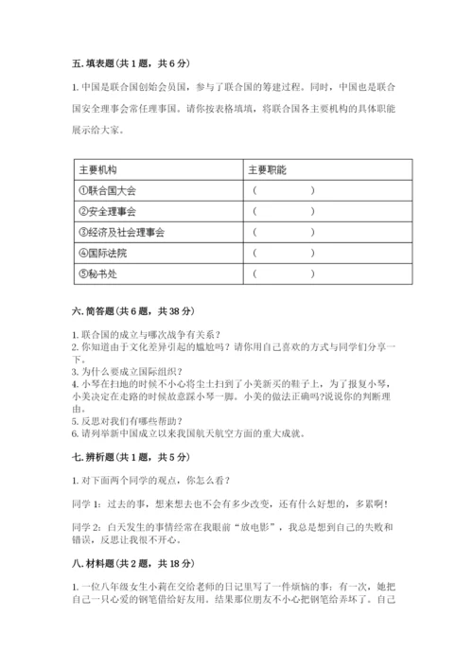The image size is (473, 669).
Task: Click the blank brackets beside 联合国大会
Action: point(283,190)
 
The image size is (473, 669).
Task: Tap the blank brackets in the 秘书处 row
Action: point(283,274)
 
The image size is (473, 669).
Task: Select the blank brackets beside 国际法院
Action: point(283,253)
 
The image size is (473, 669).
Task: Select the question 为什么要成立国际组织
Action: point(131,372)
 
